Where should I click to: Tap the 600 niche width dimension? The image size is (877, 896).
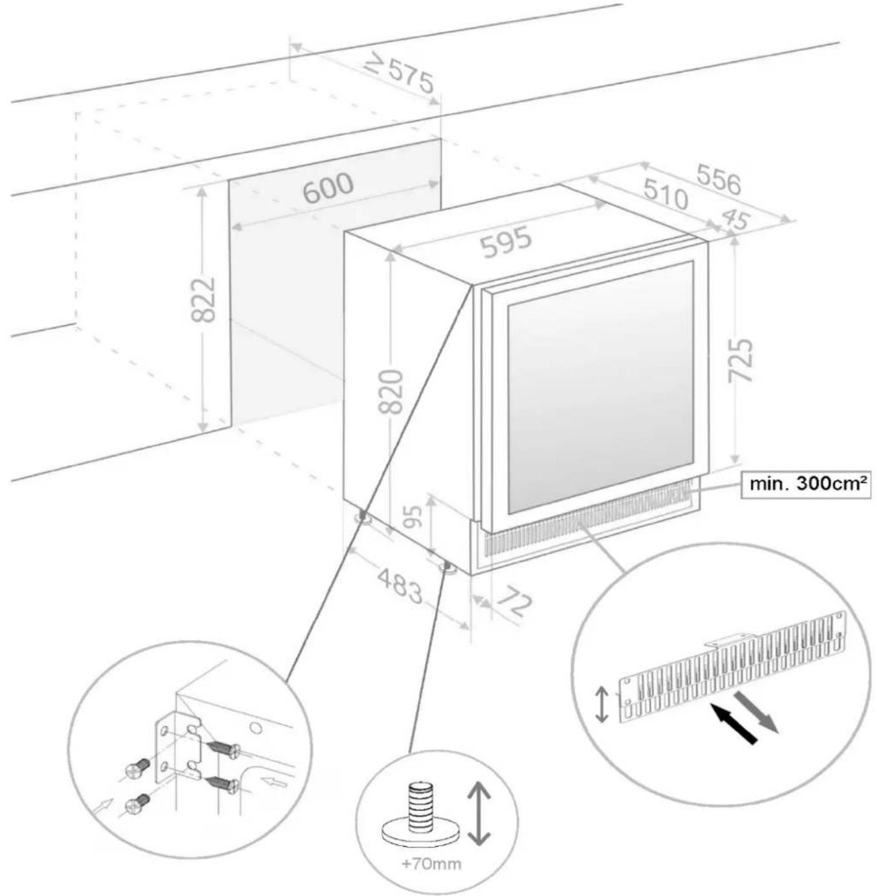[328, 187]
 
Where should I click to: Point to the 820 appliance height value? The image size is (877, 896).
[391, 391]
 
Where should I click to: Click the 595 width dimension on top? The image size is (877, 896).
[507, 242]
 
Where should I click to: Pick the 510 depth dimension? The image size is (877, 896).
[665, 194]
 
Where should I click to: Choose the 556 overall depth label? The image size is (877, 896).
[718, 179]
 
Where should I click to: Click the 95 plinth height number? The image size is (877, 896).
[413, 517]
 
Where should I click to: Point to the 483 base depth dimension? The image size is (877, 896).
[399, 585]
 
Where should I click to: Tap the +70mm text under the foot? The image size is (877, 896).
[431, 864]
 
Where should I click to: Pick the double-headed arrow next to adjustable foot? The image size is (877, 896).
[478, 813]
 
